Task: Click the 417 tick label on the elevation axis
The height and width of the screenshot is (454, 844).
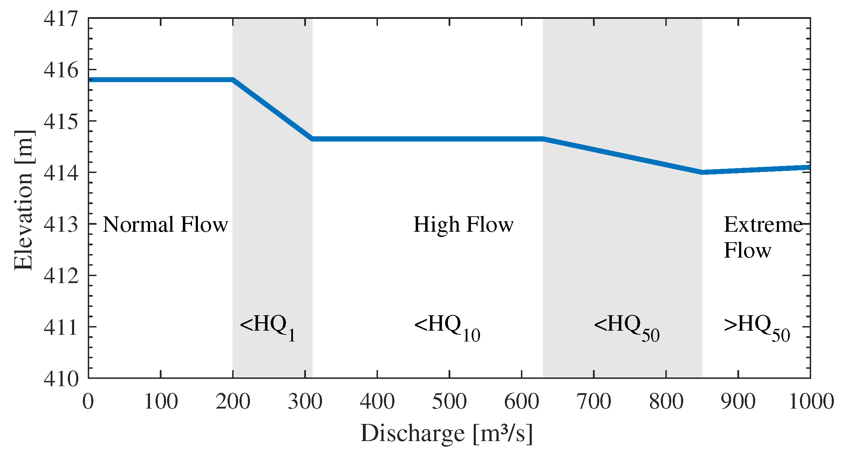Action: pyautogui.click(x=61, y=18)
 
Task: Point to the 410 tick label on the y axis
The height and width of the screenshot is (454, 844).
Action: pyautogui.click(x=61, y=379)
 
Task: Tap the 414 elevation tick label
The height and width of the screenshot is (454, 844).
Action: pyautogui.click(x=61, y=173)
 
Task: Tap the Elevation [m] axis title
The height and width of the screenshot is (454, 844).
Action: pyautogui.click(x=24, y=200)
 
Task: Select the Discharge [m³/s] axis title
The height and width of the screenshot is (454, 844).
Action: pyautogui.click(x=446, y=433)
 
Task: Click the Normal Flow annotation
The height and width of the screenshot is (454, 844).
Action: pyautogui.click(x=165, y=224)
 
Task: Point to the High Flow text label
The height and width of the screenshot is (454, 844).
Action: pyautogui.click(x=464, y=224)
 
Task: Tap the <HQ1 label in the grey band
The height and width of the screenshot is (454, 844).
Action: pyautogui.click(x=268, y=327)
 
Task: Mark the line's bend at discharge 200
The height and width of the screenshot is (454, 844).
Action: pyautogui.click(x=233, y=80)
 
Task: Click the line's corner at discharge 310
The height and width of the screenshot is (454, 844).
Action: pyautogui.click(x=312, y=139)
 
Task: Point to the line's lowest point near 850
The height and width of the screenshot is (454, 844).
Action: pyautogui.click(x=702, y=172)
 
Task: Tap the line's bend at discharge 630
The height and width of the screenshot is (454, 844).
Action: pyautogui.click(x=543, y=139)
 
